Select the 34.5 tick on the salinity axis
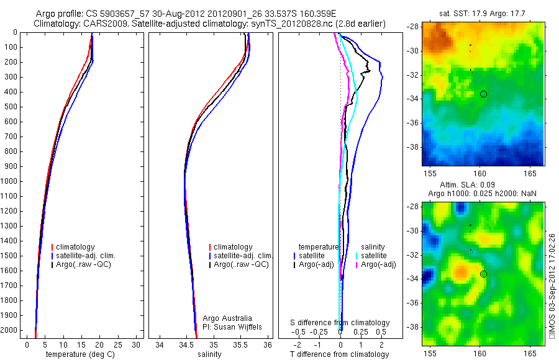tap(186, 344)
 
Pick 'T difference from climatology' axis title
tap(339, 354)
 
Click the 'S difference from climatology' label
tap(340, 323)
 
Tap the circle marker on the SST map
tap(483, 94)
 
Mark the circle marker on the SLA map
tap(483, 274)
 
